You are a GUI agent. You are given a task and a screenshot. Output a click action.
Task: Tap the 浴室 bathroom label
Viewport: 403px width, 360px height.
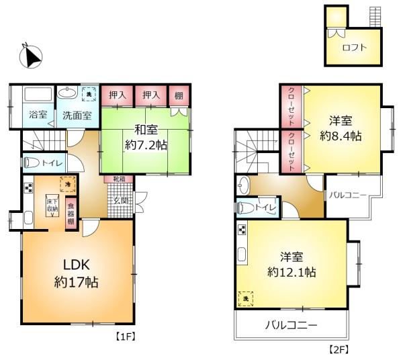pyautogui.click(x=38, y=115)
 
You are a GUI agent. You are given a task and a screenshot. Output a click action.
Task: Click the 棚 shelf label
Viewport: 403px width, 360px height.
pyautogui.click(x=178, y=95)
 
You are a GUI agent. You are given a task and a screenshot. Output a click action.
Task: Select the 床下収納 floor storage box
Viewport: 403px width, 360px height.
pyautogui.click(x=52, y=207)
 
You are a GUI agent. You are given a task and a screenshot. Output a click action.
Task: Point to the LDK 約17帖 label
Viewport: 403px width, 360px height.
pyautogui.click(x=76, y=272)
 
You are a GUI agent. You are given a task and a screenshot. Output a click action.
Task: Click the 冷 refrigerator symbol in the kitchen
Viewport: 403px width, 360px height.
pyautogui.click(x=67, y=181)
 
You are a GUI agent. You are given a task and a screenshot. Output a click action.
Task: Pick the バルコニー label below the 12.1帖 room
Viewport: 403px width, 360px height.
pyautogui.click(x=291, y=326)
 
